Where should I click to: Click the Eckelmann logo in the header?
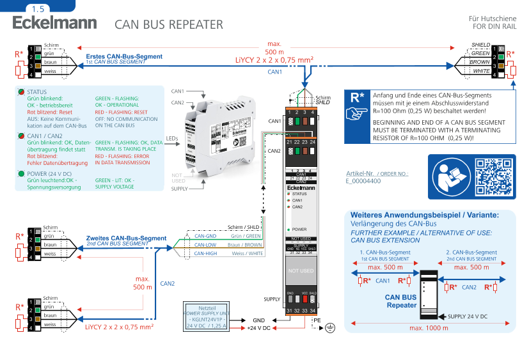point(54,23)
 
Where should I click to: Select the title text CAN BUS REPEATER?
point(169,24)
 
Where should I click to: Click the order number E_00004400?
point(363,181)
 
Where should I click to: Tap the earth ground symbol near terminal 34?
point(330,327)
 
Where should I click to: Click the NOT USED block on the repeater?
point(301,270)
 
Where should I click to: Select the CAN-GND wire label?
point(205,235)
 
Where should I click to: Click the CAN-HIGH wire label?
point(206,253)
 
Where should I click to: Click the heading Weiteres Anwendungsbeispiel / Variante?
point(424,215)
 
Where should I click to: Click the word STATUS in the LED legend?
point(37,92)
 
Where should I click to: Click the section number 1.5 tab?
point(38,8)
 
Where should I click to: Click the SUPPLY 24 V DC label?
point(468,316)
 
